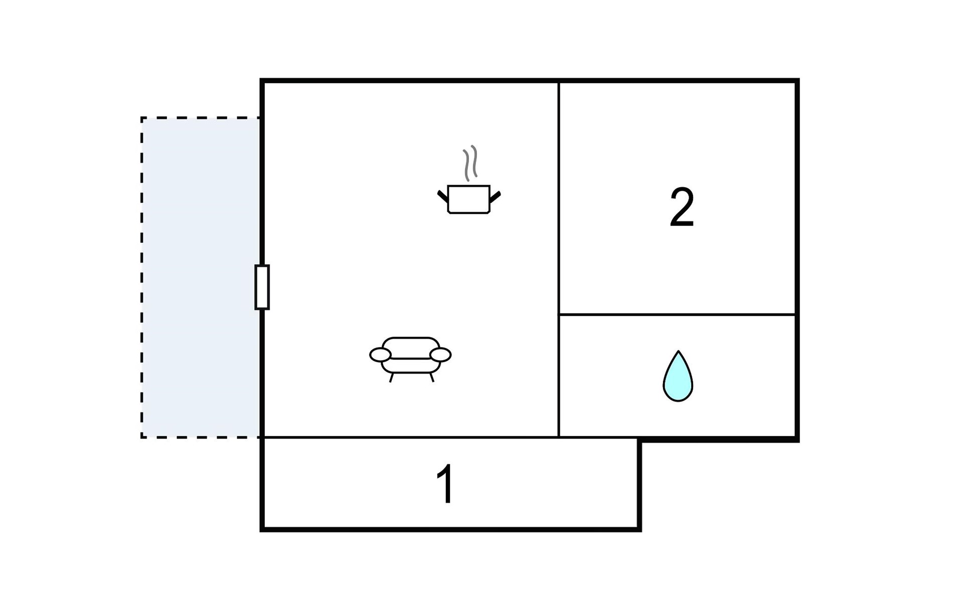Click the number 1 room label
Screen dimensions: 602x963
click(445, 484)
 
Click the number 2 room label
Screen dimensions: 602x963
click(682, 207)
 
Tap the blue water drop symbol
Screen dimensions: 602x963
click(678, 379)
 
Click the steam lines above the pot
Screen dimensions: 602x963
click(470, 163)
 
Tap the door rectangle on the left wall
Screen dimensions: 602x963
click(262, 287)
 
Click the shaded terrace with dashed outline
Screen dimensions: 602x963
click(201, 277)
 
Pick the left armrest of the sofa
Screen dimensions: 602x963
click(380, 355)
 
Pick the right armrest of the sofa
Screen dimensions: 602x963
click(440, 355)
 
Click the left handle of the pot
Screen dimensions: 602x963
click(442, 196)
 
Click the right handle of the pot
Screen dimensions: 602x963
click(495, 196)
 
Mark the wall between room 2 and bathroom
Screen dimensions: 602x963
click(677, 315)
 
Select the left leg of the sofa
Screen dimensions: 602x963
click(391, 378)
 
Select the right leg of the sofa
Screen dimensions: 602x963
click(431, 378)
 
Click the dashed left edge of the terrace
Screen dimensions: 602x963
click(142, 277)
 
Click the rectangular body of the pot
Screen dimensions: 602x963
click(468, 200)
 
